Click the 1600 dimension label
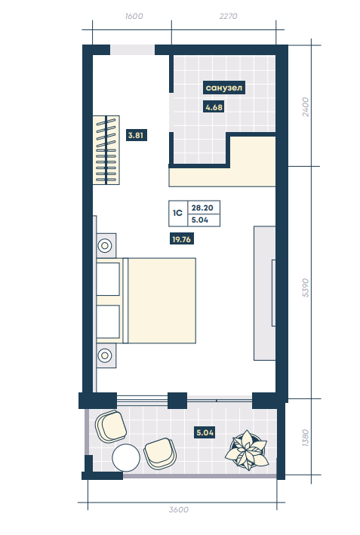[x=134, y=16]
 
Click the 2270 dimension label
[x=228, y=16]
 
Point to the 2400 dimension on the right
[x=306, y=107]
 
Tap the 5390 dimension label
[x=306, y=287]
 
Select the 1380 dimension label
[x=306, y=438]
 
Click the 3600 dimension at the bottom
[x=178, y=509]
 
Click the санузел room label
[x=224, y=88]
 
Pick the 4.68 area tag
[x=214, y=107]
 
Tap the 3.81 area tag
[x=136, y=135]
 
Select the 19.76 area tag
[x=182, y=239]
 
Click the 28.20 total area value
[x=202, y=208]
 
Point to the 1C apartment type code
[x=178, y=214]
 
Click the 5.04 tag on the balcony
[x=205, y=432]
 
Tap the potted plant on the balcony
[x=246, y=450]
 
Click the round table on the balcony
[x=126, y=458]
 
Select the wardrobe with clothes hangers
[x=106, y=150]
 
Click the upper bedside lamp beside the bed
[x=105, y=245]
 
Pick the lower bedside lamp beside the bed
[x=105, y=355]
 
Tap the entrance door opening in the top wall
[x=132, y=50]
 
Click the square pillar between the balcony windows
[x=177, y=401]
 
